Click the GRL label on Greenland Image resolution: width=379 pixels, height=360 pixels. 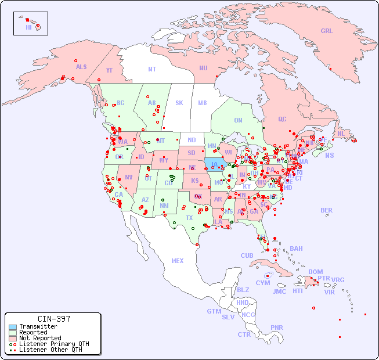(x=327, y=31)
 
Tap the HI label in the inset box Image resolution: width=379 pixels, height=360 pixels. (x=28, y=27)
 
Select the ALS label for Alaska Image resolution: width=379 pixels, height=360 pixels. (x=81, y=67)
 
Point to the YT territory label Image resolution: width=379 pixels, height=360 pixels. (x=109, y=70)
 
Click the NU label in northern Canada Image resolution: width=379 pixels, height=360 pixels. (x=203, y=68)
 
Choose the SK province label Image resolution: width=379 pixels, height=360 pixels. (x=179, y=103)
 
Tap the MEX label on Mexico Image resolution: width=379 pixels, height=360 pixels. (x=178, y=261)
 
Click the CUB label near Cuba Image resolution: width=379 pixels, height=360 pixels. (x=247, y=255)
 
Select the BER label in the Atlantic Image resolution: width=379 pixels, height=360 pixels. (x=326, y=210)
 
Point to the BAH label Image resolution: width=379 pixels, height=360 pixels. (x=296, y=249)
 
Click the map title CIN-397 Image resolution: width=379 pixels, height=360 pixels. (x=53, y=319)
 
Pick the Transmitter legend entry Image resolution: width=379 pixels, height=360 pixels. (x=38, y=327)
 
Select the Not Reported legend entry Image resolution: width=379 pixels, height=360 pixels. (x=39, y=338)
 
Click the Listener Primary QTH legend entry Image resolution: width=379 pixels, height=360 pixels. (x=53, y=344)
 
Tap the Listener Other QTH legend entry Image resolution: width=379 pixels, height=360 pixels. (x=50, y=350)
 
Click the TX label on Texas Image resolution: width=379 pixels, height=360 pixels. (x=189, y=218)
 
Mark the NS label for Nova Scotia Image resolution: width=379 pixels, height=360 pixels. (x=329, y=155)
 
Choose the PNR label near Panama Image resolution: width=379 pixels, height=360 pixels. (x=277, y=327)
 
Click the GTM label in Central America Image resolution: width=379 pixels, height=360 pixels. (x=214, y=311)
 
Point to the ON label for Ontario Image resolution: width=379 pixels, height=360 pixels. (x=238, y=120)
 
